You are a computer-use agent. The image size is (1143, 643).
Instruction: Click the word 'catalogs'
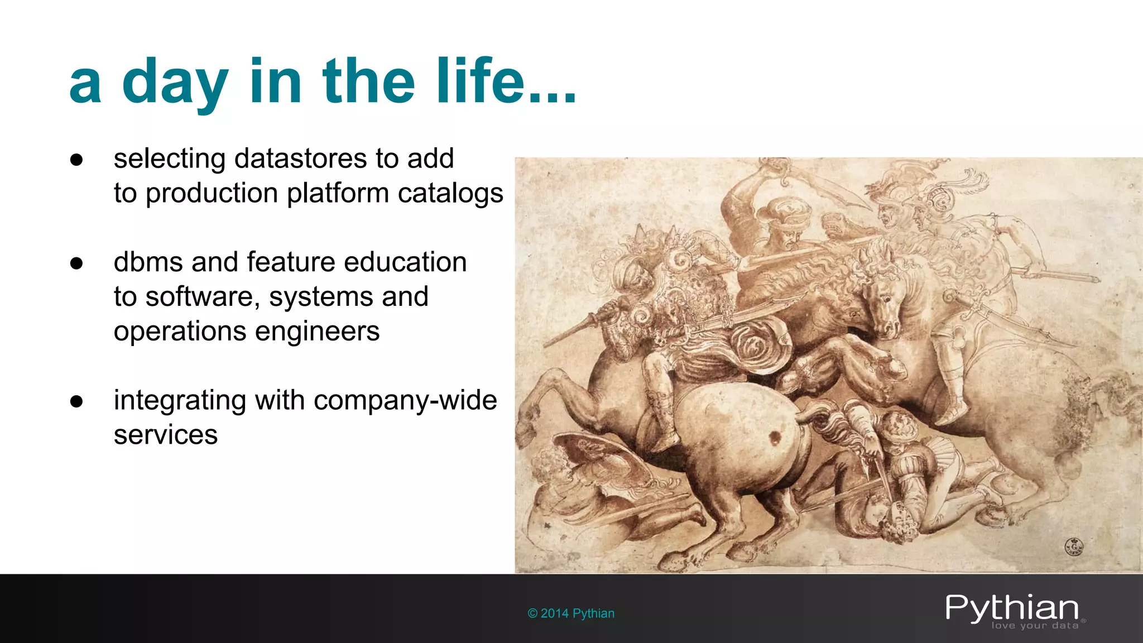[x=450, y=194]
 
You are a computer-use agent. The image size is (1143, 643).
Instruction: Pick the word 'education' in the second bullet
[x=405, y=262]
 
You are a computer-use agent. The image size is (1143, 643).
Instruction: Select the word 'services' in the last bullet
[x=166, y=435]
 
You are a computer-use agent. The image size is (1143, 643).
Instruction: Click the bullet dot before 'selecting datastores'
[x=76, y=160]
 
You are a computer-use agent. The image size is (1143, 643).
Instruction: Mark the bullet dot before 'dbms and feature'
[x=76, y=263]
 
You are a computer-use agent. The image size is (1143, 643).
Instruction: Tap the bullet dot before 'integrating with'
[x=76, y=402]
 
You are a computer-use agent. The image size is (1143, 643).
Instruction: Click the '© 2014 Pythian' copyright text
[x=571, y=613]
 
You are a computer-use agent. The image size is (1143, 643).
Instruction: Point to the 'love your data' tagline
[x=1035, y=626]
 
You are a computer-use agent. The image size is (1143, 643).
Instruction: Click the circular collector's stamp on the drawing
[x=1074, y=545]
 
